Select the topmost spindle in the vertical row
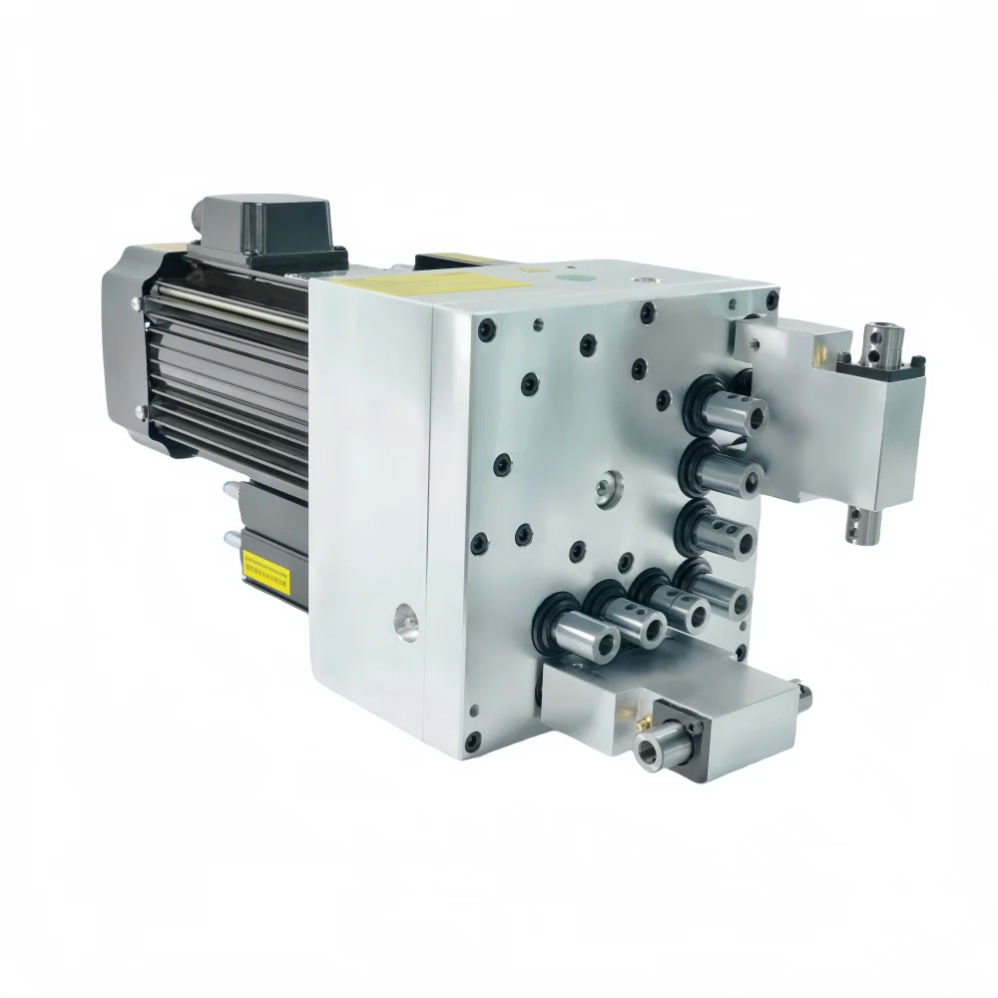click(x=734, y=410)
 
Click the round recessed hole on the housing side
click(x=403, y=623)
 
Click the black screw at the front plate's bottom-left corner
click(x=472, y=740)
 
